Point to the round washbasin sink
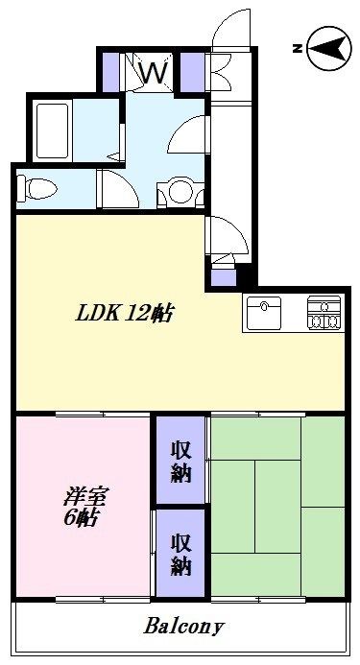[180, 192]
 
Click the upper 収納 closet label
[180, 460]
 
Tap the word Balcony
[184, 627]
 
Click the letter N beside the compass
[299, 46]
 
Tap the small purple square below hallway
[222, 277]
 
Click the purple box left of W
[110, 70]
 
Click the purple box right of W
[191, 70]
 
